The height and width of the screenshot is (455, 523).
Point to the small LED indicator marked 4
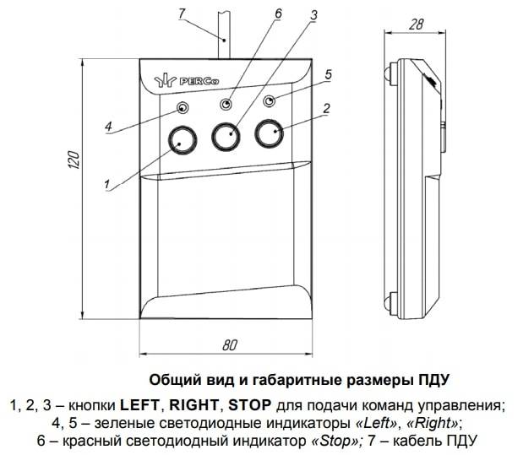point(183,107)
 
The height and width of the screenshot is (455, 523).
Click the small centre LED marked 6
point(226,104)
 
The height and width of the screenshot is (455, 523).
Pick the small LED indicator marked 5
point(269,102)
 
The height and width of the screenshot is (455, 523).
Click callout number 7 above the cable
point(180,13)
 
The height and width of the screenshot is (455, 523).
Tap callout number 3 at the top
point(314,15)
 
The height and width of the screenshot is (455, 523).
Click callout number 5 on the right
point(328,73)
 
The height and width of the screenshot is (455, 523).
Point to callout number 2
point(327,108)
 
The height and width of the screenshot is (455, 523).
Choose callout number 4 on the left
point(108,127)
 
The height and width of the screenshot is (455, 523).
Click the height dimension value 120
point(73,163)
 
